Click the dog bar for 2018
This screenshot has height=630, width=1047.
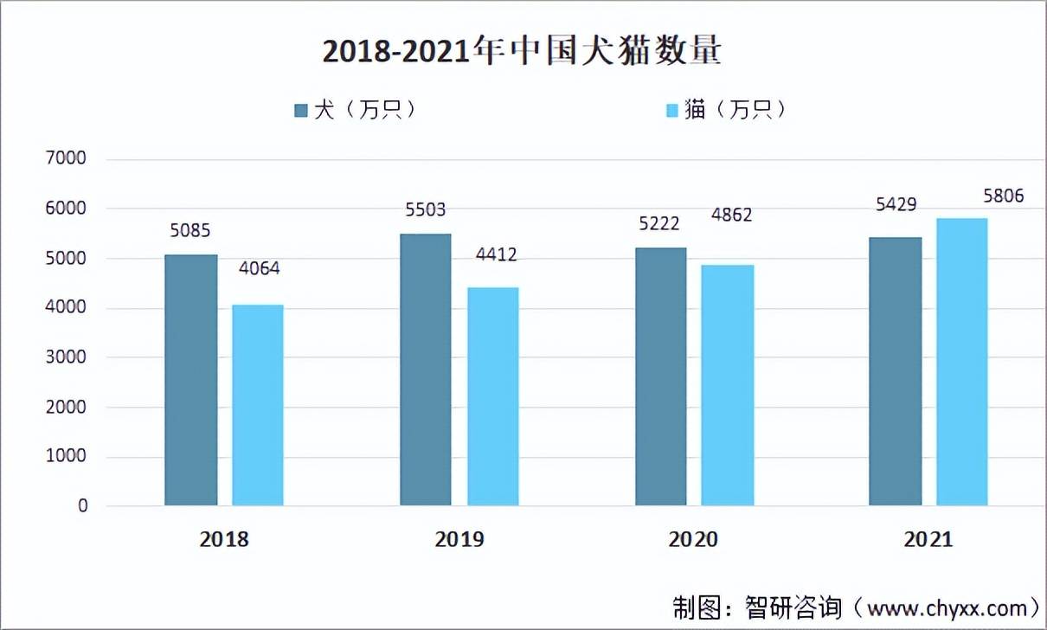[191, 380]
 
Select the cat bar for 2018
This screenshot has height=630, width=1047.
[257, 405]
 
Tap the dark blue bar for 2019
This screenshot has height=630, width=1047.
[426, 370]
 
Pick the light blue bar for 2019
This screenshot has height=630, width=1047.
[492, 396]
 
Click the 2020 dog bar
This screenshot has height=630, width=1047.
[660, 376]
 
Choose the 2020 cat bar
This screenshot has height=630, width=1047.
[727, 385]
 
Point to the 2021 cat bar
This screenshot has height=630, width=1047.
[961, 362]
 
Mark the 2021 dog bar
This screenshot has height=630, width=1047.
[895, 371]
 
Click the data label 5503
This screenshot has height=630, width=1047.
[426, 210]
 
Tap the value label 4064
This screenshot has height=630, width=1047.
[258, 268]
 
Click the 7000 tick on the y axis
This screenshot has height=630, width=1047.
[70, 159]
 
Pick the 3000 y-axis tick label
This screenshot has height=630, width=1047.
[70, 357]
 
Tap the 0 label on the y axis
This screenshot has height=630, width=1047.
[82, 506]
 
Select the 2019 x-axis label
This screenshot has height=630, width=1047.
[459, 540]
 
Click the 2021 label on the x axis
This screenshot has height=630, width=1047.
[928, 540]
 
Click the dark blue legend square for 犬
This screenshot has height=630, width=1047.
[301, 111]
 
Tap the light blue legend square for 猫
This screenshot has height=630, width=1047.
[672, 111]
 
